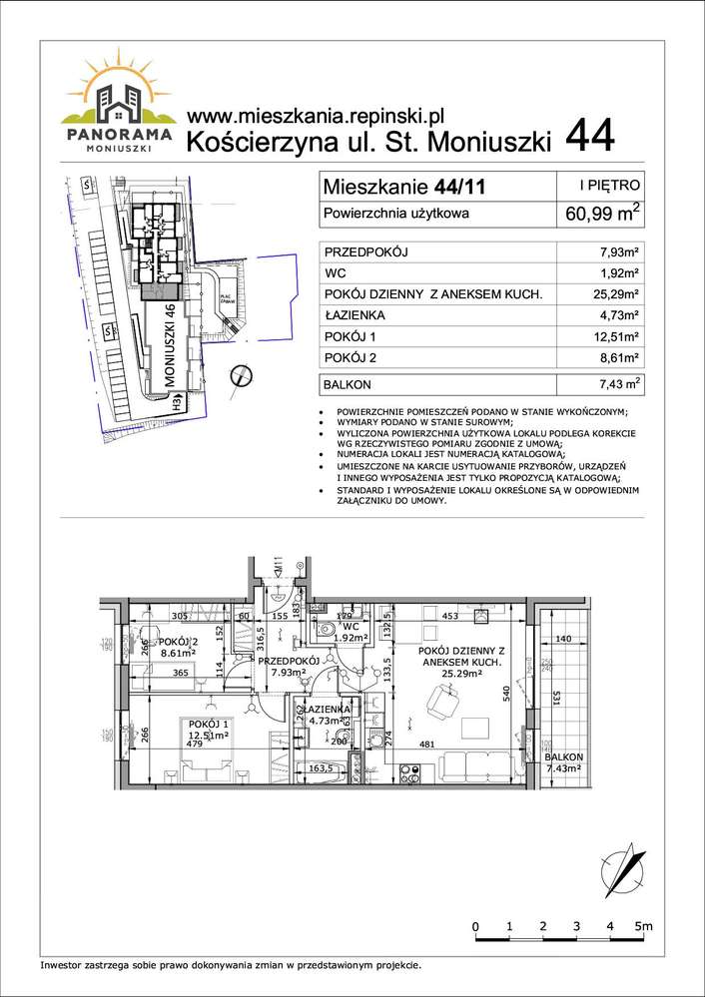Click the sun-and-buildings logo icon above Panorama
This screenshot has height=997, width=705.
[x=117, y=89]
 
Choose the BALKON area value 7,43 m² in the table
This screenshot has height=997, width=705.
[x=613, y=384]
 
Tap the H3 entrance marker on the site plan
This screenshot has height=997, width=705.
[x=177, y=404]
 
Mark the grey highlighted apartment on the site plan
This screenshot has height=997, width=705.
[x=158, y=291]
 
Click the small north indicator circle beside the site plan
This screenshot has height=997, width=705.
[x=241, y=376]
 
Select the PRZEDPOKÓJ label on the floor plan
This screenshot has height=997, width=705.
[x=289, y=661]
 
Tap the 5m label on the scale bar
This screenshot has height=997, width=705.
[x=644, y=927]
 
